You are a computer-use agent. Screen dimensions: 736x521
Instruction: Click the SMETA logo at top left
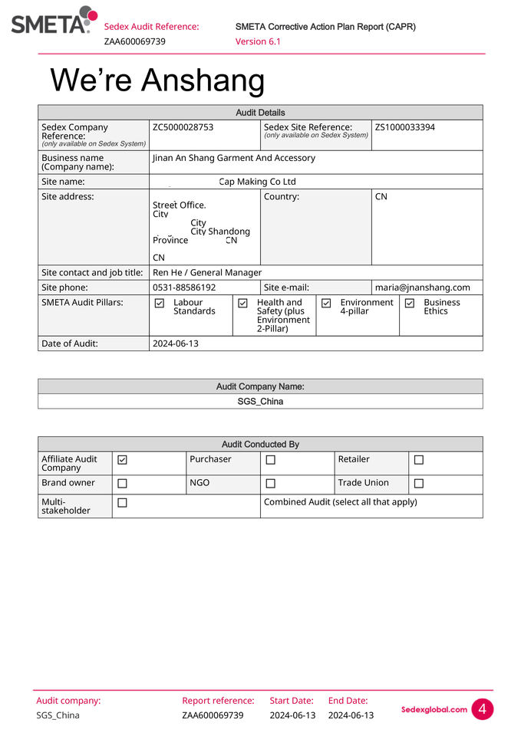point(54,21)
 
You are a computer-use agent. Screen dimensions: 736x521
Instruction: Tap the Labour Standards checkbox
point(160,304)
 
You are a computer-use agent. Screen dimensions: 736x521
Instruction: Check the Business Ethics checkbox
point(410,304)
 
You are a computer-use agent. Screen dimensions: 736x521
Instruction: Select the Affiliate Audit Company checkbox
point(122,460)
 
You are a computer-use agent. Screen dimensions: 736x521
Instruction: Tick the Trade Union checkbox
point(419,484)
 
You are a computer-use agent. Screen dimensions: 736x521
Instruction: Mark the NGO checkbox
point(270,484)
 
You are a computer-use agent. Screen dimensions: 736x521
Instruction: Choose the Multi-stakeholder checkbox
point(122,503)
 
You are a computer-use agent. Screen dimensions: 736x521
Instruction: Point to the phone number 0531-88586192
point(184,287)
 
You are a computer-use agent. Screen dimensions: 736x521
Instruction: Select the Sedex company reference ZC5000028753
point(183,127)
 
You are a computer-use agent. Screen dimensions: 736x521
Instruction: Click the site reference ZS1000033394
point(404,127)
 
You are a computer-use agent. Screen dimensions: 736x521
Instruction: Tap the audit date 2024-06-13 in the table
point(176,343)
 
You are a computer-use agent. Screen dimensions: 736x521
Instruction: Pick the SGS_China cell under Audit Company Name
point(260,401)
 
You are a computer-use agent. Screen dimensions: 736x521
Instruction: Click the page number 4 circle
point(482,709)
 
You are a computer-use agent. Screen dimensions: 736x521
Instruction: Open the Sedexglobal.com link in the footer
point(434,710)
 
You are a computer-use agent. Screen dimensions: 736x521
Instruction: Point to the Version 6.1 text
point(258,41)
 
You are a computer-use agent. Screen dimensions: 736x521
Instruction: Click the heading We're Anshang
point(157,80)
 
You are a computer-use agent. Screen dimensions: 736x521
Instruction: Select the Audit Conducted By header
point(260,444)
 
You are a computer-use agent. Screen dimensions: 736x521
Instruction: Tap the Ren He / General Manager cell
point(207,272)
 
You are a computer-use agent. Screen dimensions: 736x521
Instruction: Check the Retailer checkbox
point(419,460)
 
